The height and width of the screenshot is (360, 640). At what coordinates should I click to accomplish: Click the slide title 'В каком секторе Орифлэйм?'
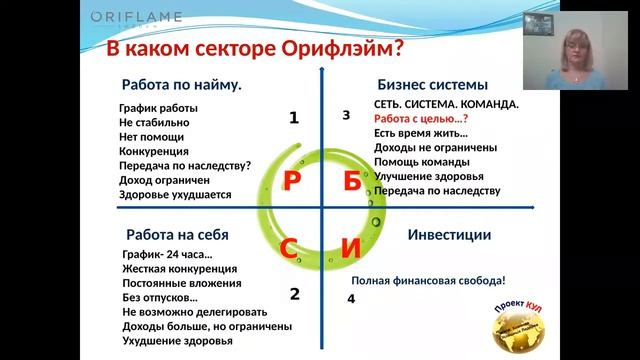255,49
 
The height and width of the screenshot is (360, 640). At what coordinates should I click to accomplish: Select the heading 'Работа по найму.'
181,85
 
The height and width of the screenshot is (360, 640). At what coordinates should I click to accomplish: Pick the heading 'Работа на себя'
177,235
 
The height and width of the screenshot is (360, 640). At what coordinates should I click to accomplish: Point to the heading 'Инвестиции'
449,235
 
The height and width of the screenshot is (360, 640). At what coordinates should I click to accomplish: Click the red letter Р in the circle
293,181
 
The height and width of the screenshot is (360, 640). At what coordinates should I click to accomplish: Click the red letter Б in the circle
351,181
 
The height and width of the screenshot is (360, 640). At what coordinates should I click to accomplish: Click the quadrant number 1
294,118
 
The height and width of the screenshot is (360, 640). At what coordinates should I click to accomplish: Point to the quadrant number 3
346,115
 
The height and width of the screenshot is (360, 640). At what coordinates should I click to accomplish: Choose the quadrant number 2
294,294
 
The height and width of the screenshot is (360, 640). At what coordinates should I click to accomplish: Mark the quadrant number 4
351,298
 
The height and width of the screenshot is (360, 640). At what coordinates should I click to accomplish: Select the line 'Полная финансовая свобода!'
428,281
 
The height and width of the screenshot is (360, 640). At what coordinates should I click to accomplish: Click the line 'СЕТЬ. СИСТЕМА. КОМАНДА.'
446,104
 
